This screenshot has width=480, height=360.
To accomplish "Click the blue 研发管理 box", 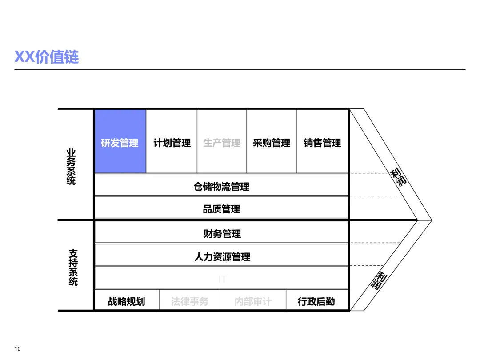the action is (120, 142).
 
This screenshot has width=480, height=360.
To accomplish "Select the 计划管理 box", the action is (172, 142).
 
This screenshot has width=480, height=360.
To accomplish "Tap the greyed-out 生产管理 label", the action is (222, 143).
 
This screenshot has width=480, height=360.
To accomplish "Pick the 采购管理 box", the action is (272, 142).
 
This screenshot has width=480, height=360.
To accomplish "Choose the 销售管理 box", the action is (322, 142).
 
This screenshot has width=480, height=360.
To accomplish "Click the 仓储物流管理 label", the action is (221, 187).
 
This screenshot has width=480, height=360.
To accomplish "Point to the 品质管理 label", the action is (221, 209).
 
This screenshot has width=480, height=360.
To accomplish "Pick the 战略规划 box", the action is (127, 301).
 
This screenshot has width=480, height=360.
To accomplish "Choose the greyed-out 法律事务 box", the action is (189, 301).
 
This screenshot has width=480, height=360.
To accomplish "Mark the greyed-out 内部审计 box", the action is (253, 301).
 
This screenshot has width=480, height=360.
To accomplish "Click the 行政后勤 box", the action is (316, 301).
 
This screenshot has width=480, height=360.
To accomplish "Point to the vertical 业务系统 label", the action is (71, 167).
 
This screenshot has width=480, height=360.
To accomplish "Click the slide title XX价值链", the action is (47, 57).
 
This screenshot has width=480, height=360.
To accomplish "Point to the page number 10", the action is (18, 348).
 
